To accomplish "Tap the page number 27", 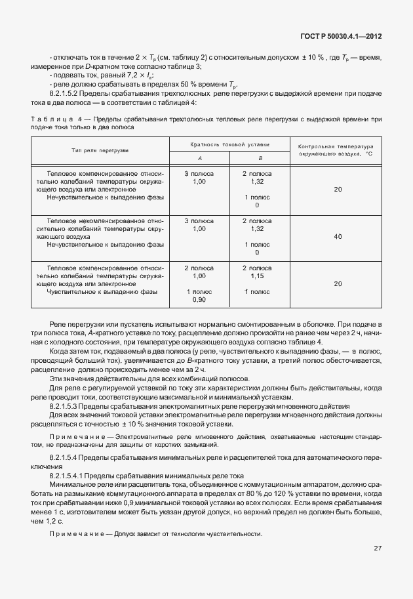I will [x=378, y=548].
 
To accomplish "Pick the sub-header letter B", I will [x=260, y=158].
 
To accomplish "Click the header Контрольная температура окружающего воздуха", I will [x=334, y=150].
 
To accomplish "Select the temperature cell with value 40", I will [x=338, y=236].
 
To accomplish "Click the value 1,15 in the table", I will [x=257, y=276].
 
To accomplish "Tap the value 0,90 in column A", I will [x=199, y=299].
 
